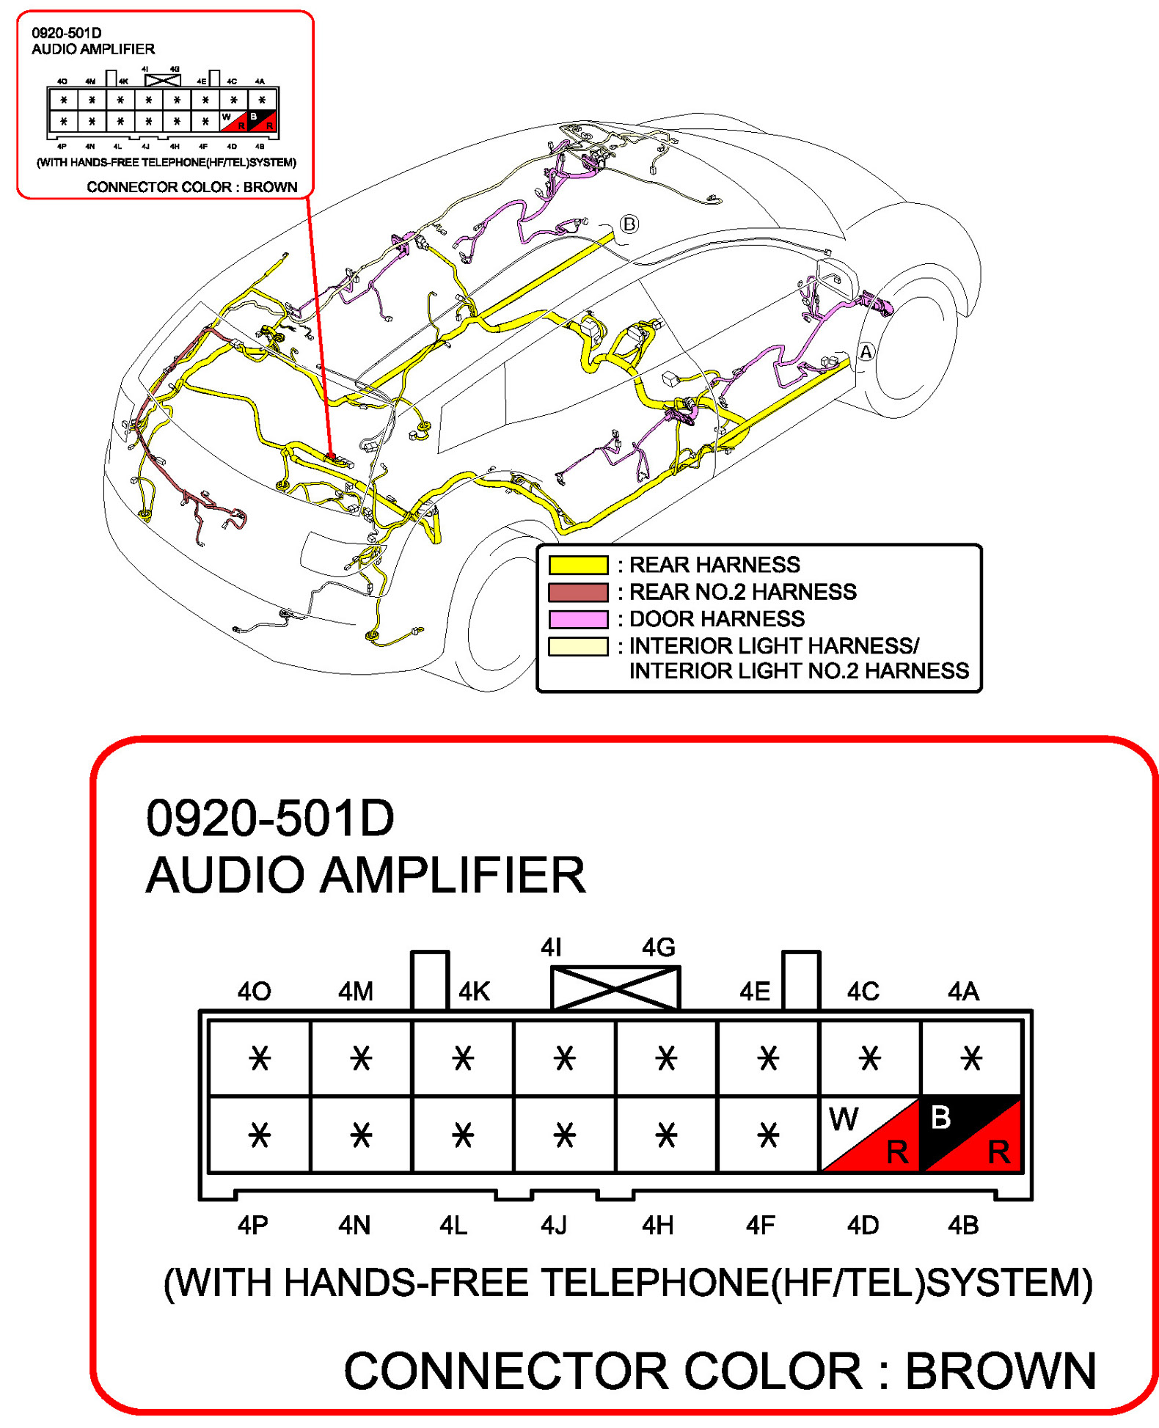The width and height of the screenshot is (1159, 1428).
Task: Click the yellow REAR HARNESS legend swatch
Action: pos(578,565)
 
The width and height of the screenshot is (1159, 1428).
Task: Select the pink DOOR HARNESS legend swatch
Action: pos(578,619)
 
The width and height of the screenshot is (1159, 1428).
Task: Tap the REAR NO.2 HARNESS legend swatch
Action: pos(578,592)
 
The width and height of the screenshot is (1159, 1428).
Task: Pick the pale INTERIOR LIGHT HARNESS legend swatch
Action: pos(578,646)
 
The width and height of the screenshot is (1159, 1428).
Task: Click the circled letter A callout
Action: pos(866,352)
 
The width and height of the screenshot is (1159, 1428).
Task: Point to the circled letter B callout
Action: pos(629,224)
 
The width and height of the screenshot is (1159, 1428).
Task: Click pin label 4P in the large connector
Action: pos(253,1226)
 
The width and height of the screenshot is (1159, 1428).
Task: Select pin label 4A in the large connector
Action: pos(963,992)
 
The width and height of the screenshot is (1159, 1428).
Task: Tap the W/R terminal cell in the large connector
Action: pos(869,1134)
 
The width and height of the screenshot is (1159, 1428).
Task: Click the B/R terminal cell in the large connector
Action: pos(971,1134)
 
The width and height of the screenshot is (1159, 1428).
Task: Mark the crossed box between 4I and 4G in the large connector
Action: pos(615,988)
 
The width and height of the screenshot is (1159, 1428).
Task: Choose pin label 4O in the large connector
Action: pos(254,992)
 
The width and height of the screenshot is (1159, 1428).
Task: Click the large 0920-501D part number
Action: pos(270,819)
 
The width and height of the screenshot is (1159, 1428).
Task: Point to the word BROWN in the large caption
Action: pos(1001,1370)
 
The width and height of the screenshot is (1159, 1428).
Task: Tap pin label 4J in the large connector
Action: pos(554,1226)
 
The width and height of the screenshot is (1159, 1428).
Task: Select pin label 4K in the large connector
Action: pos(474,992)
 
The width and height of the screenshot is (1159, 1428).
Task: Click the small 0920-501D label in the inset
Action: pos(66,33)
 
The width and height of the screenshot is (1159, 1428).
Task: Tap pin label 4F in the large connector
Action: pos(760,1226)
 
